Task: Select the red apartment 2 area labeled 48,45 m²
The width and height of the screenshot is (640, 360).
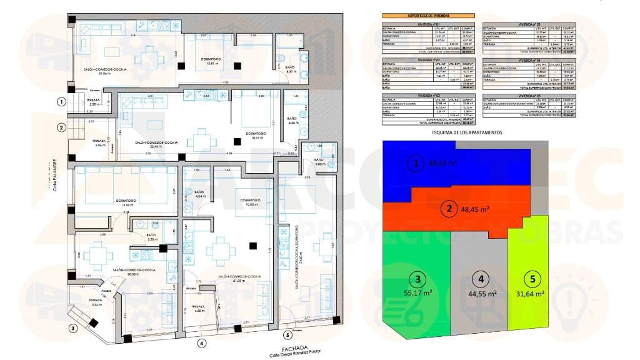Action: tap(475, 209)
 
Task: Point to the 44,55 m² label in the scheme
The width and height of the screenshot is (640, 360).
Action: tap(482, 293)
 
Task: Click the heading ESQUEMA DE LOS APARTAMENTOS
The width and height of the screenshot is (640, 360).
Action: tap(467, 132)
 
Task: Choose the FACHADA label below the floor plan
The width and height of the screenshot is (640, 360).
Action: tap(294, 348)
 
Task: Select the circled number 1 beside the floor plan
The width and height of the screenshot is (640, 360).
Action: tap(61, 101)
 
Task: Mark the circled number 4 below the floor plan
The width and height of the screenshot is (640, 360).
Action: tap(201, 342)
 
